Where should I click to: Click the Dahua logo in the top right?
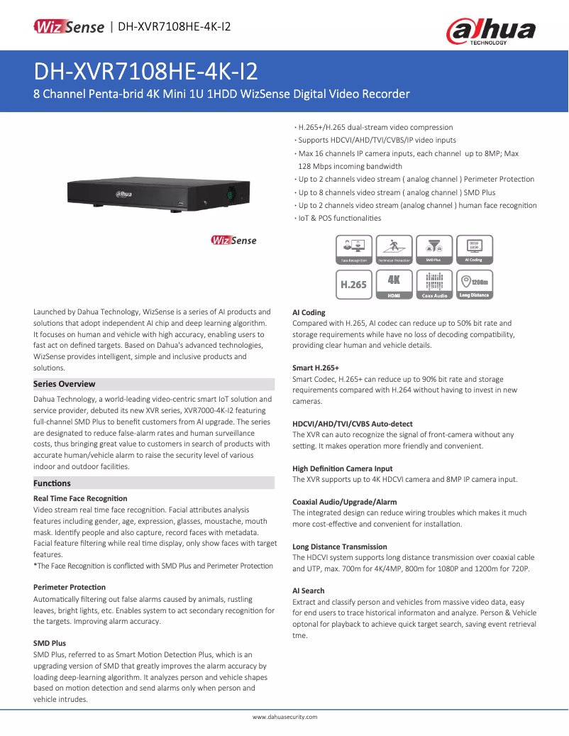[x=490, y=32]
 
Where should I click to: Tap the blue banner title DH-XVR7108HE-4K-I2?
[x=145, y=72]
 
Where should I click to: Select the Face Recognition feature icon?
[x=354, y=251]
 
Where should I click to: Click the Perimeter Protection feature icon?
[x=394, y=251]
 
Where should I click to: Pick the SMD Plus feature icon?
[x=434, y=251]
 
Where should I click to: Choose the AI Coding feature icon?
[x=474, y=251]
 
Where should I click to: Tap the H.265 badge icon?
[x=354, y=284]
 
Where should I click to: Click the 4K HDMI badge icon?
[x=394, y=284]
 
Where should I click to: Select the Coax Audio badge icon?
[x=434, y=284]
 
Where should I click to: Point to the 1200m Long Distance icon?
[x=474, y=284]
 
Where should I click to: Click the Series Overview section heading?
[x=65, y=384]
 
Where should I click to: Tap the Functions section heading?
[x=53, y=483]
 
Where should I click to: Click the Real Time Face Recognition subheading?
[x=80, y=498]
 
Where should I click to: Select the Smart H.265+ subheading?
[x=316, y=368]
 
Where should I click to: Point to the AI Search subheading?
[x=309, y=591]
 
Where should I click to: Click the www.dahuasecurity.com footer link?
[x=284, y=718]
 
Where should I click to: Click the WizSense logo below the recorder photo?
[x=234, y=241]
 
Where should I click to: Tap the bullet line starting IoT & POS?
[x=339, y=218]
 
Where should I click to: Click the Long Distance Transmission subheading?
[x=340, y=546]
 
